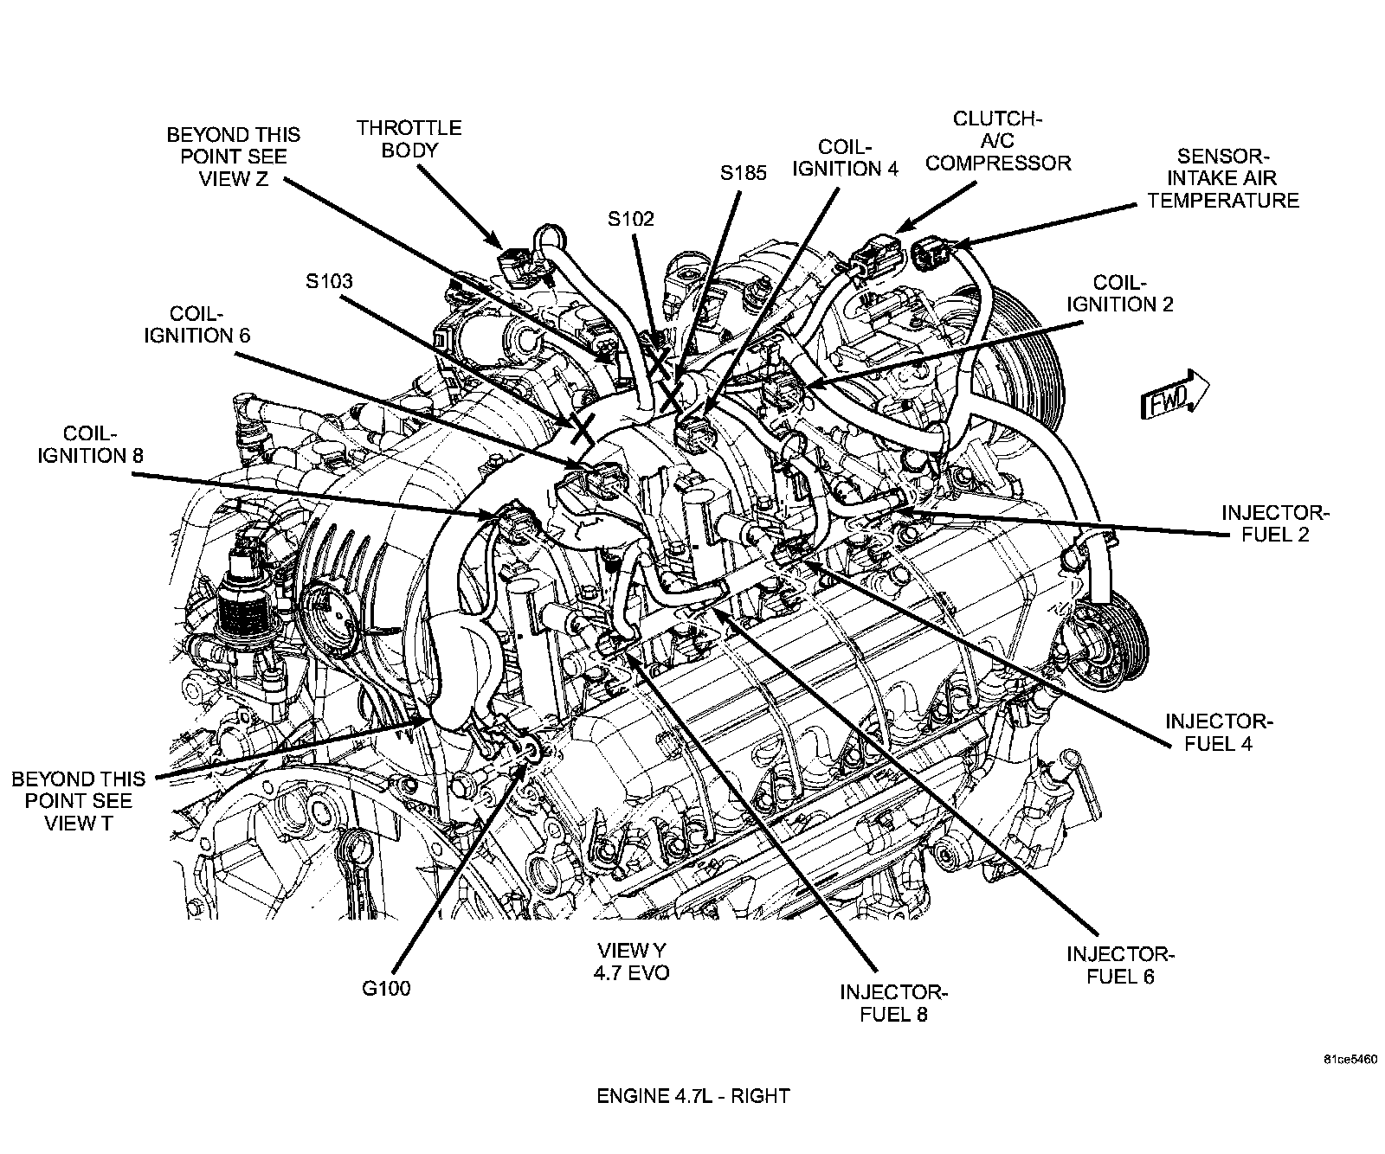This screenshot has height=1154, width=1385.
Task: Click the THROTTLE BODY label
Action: click(x=409, y=138)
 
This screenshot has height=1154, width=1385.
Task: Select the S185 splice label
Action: click(x=744, y=173)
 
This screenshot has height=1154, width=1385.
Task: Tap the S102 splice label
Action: click(x=630, y=219)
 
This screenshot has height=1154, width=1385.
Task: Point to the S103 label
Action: click(x=329, y=281)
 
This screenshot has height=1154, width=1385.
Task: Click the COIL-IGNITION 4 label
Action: click(x=845, y=158)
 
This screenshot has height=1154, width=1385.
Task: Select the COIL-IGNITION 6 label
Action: click(x=197, y=324)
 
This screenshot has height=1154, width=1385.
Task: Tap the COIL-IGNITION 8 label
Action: click(x=90, y=444)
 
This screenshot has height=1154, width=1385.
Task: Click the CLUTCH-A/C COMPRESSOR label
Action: click(x=999, y=140)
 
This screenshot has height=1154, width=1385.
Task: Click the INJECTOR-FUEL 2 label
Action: click(x=1275, y=523)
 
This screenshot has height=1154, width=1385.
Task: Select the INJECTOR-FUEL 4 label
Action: click(x=1219, y=732)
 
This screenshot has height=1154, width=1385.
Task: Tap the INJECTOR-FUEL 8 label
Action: click(x=893, y=1003)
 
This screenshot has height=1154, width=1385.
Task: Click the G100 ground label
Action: click(x=386, y=988)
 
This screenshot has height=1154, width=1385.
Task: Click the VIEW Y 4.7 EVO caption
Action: click(x=631, y=960)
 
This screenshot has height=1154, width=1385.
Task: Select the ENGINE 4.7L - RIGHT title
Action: click(x=692, y=1096)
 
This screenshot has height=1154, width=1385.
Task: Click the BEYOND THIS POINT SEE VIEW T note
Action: click(x=78, y=801)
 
